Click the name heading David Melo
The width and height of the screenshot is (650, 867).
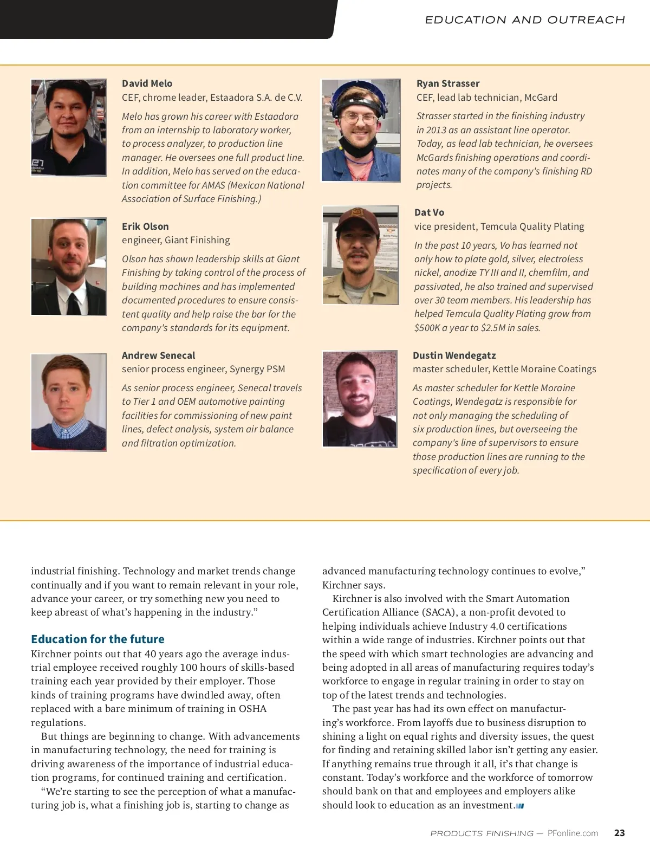tap(147, 83)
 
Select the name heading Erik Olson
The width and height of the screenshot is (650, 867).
tap(145, 227)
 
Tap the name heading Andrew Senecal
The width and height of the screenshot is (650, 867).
tap(158, 355)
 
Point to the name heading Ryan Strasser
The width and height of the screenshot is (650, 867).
tap(448, 83)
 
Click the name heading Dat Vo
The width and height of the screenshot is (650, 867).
tap(429, 212)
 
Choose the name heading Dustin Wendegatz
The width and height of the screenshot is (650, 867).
tap(454, 355)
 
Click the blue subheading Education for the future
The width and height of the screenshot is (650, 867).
tap(97, 639)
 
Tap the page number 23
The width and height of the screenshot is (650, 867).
tap(619, 833)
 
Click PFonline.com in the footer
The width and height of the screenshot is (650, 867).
tap(573, 833)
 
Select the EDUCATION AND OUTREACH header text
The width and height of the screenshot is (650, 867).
tap(524, 20)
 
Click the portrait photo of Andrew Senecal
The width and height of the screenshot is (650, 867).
tap(69, 402)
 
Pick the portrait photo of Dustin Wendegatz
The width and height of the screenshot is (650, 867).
tap(360, 399)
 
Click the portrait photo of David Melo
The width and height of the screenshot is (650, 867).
tap(69, 127)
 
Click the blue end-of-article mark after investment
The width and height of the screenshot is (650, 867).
tap(520, 806)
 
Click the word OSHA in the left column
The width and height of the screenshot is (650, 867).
tap(252, 709)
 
